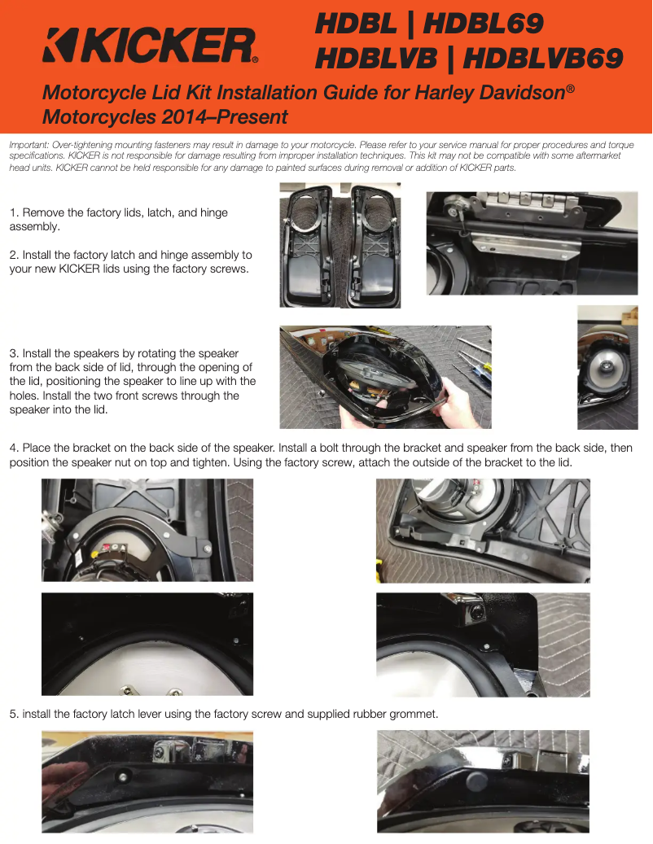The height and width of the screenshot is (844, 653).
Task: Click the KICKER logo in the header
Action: coord(150,46)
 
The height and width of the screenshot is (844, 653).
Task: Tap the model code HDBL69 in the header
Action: coord(483,24)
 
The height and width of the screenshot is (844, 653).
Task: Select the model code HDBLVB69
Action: coord(542,58)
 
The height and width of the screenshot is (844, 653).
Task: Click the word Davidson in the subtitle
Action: coord(522,93)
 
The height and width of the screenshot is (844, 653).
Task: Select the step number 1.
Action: coord(14,212)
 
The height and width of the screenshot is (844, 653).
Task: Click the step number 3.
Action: coord(14,354)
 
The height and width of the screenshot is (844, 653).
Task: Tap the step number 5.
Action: coord(14,715)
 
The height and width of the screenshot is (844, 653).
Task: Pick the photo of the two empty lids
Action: coord(340,246)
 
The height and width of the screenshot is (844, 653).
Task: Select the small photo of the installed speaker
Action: coord(607,368)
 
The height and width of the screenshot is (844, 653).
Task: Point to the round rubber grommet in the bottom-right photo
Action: coord(476,782)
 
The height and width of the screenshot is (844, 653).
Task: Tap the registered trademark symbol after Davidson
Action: coord(571,88)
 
